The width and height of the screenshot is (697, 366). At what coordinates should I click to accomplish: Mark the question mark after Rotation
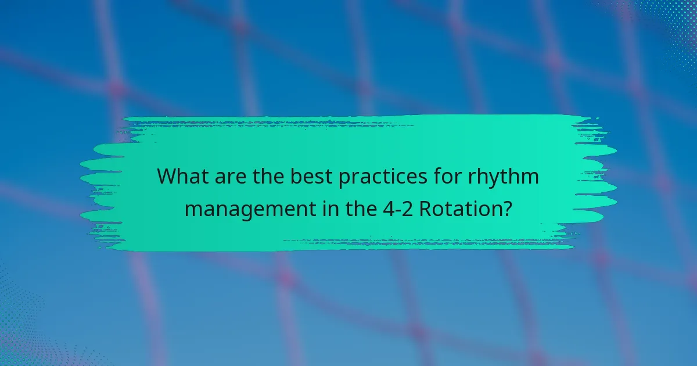507,207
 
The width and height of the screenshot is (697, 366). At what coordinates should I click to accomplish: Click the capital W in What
167,177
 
